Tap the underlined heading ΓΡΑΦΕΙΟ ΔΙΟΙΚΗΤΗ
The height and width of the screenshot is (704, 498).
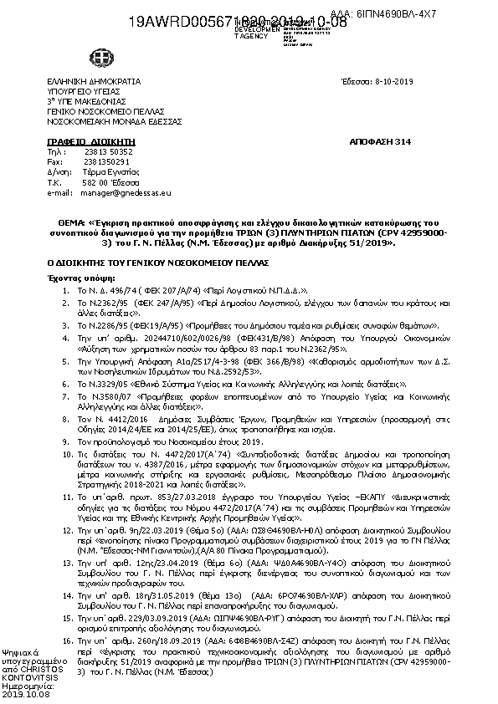click(x=80, y=143)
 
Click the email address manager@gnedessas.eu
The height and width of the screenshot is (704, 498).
click(x=128, y=191)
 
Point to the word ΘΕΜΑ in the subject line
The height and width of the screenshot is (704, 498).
click(x=65, y=221)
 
